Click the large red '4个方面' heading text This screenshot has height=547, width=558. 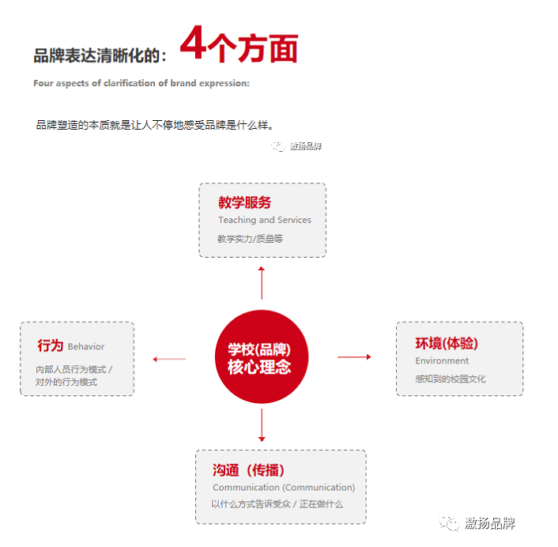click(239, 46)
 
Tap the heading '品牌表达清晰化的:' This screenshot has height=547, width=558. click(100, 56)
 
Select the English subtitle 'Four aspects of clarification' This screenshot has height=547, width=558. click(141, 83)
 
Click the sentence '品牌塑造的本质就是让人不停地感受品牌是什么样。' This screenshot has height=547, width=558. click(154, 125)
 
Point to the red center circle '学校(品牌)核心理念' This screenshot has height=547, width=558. click(261, 357)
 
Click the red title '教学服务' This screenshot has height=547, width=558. click(244, 203)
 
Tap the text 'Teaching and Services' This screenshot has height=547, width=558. click(265, 221)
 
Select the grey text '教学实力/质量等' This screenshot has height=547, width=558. click(250, 238)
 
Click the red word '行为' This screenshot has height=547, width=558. click(50, 345)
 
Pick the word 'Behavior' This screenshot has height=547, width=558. click(86, 347)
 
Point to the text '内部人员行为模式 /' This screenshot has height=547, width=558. click(74, 369)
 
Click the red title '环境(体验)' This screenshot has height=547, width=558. click(447, 344)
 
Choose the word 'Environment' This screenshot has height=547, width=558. click(442, 361)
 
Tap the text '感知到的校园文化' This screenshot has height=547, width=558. click(451, 379)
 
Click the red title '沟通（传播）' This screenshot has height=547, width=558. click(248, 470)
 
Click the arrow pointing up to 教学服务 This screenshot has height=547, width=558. click(262, 282)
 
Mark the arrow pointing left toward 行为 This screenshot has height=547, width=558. click(169, 359)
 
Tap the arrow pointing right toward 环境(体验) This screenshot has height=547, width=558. click(354, 357)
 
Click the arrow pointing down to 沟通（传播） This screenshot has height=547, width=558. click(262, 427)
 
